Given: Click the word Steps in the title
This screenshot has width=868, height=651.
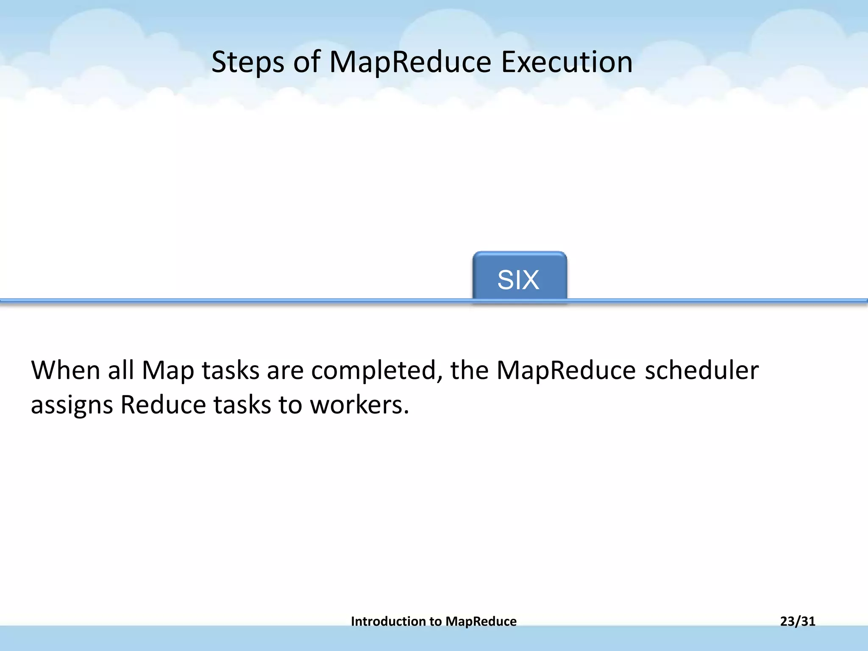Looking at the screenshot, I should point(248,62).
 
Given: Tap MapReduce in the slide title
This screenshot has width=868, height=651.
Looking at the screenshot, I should point(410,62).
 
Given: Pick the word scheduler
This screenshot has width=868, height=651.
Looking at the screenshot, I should point(701,370).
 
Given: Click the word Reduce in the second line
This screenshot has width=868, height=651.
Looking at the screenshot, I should point(163,405).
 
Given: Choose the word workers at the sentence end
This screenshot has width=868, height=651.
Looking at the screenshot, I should point(359,405).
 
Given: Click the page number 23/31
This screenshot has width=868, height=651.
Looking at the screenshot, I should point(798,621).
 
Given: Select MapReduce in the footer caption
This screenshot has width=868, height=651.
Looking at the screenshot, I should point(481,621).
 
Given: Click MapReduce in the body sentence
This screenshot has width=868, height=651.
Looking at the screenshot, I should point(566,370).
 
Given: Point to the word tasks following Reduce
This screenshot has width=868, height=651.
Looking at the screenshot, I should point(242,405).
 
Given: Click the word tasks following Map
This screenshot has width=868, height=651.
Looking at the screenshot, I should point(230,370).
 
